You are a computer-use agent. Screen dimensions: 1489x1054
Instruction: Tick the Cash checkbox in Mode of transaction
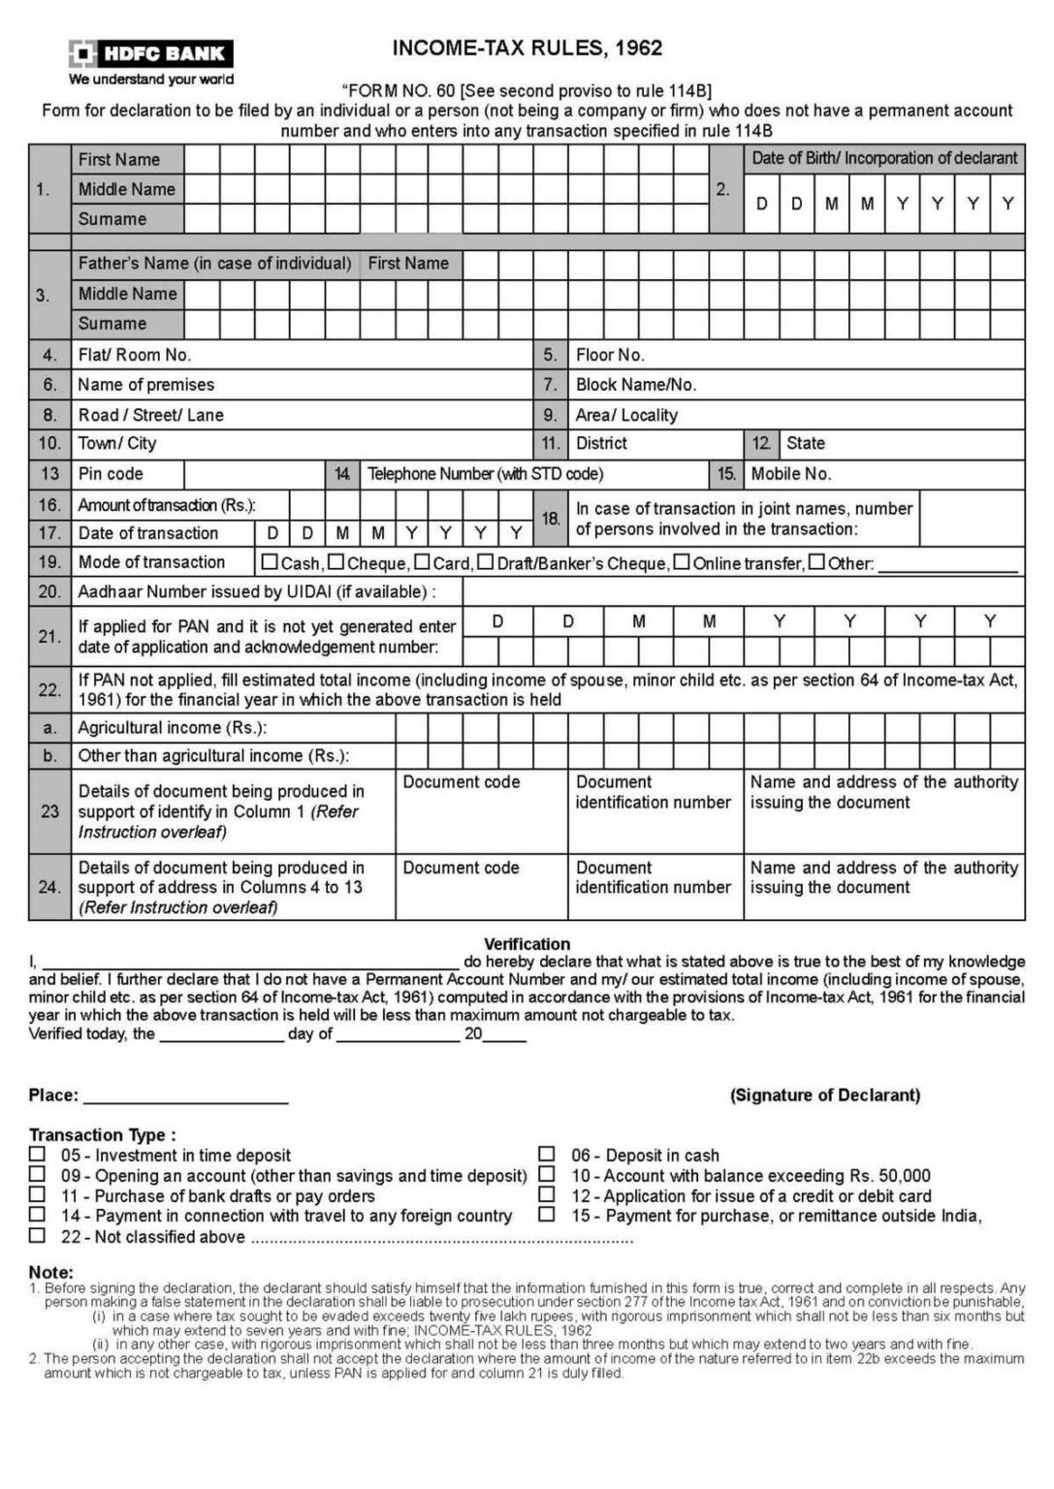(x=270, y=562)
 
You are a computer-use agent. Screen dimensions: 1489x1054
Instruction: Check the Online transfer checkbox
(x=682, y=562)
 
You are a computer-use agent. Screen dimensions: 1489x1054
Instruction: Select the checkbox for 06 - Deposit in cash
(x=547, y=1155)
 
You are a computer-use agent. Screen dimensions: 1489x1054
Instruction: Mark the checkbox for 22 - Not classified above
(x=37, y=1236)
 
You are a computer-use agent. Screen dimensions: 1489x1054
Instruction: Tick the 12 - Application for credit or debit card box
(x=547, y=1195)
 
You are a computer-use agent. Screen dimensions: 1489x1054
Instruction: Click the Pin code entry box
(x=253, y=474)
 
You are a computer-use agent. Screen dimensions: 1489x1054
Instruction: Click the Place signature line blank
(x=186, y=1095)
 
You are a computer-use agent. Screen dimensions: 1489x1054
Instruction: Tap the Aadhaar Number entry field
(x=743, y=591)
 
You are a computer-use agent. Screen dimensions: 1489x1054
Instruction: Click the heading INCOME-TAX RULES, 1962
(x=527, y=48)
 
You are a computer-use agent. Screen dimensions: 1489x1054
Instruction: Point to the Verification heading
(x=527, y=943)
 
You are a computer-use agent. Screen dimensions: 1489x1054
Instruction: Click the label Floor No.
(x=610, y=355)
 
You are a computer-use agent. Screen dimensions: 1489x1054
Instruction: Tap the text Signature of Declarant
(x=825, y=1095)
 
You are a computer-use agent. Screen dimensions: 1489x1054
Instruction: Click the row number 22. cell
(x=49, y=689)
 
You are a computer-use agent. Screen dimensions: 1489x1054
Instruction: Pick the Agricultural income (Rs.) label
(x=172, y=728)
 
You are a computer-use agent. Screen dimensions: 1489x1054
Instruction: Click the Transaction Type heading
(x=103, y=1134)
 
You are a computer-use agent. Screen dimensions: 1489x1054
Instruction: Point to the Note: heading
(x=50, y=1272)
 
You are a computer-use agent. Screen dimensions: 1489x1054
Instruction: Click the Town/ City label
(x=116, y=443)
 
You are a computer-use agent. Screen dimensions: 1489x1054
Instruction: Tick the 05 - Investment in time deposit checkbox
(x=37, y=1155)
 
